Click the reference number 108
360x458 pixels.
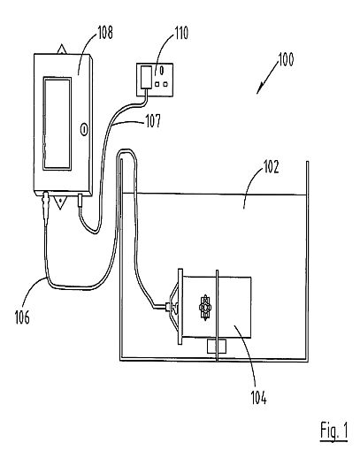point(105,33)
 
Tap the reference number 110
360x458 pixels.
point(181,33)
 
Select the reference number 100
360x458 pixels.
point(286,59)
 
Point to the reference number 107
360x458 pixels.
point(153,121)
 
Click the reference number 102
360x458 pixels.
point(271,167)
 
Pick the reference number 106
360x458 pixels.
point(22,317)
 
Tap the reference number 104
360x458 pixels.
point(259,398)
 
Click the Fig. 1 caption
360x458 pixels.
point(334,431)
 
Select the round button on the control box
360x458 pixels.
point(84,129)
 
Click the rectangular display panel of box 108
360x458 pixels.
point(57,124)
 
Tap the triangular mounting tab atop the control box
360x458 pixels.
point(62,50)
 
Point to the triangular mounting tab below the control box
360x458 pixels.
point(60,202)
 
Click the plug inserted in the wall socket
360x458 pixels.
point(147,77)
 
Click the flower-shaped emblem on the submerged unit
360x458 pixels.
point(205,308)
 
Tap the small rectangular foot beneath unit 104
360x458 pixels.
point(217,346)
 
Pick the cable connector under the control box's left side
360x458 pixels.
point(46,208)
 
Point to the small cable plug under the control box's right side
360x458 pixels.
point(80,200)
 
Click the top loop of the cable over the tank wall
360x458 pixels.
point(127,150)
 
